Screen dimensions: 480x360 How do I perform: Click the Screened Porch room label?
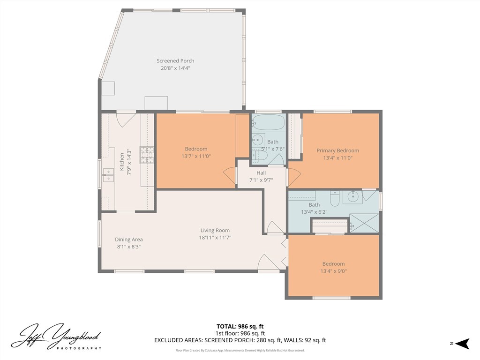(x=175, y=60)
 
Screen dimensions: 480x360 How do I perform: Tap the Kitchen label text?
(x=121, y=162)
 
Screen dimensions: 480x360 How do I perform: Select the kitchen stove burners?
(x=147, y=155)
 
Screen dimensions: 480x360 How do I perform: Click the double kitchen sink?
(x=108, y=175)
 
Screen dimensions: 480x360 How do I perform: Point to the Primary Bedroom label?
(x=337, y=150)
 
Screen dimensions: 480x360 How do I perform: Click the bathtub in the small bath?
(x=269, y=122)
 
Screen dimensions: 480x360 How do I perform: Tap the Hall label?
(x=261, y=172)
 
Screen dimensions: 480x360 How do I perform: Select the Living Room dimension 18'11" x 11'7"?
(x=215, y=238)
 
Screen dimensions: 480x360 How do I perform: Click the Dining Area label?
(x=128, y=240)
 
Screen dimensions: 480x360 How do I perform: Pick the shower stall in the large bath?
(x=364, y=223)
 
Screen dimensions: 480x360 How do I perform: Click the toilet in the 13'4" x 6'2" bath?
(x=335, y=198)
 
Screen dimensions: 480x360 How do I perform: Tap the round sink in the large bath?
(x=353, y=196)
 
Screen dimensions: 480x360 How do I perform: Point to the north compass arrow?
(x=462, y=344)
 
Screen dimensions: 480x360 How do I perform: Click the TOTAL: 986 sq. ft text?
(x=240, y=326)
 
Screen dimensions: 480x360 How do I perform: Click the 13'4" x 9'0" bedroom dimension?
(x=333, y=271)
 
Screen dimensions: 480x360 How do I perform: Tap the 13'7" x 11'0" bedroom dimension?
(x=196, y=156)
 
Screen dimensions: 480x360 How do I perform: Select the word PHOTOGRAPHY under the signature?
(x=79, y=348)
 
